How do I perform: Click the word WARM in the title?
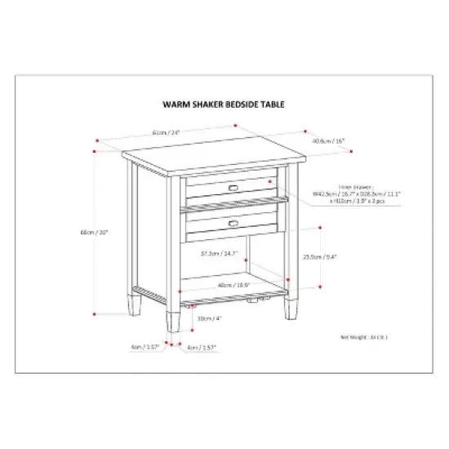point(176,105)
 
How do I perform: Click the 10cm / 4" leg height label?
point(210,318)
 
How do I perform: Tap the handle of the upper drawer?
point(233,188)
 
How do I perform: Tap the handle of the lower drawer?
point(233,221)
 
